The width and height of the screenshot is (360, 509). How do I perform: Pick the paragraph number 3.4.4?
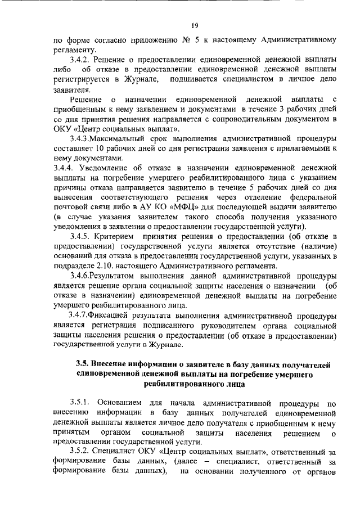[x=64, y=168]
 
